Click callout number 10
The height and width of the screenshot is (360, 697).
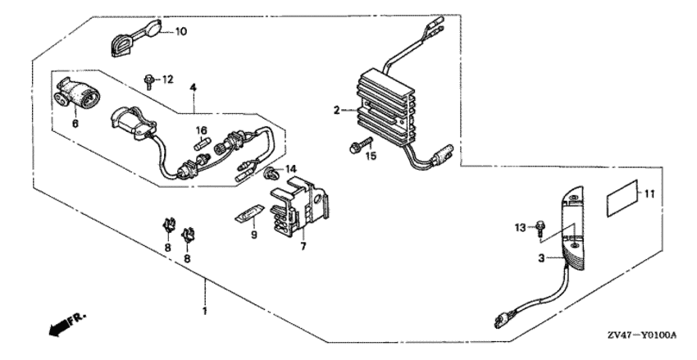point(181,31)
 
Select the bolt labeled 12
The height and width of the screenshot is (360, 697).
point(149,82)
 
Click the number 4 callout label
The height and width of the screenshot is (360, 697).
point(193,88)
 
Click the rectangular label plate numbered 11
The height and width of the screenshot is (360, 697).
point(622,198)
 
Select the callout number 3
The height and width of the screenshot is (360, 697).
point(541,258)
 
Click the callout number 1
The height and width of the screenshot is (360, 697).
point(205,311)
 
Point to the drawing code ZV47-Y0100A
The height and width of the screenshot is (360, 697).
point(644,335)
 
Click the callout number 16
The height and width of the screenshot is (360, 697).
point(202,130)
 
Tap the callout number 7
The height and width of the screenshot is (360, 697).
point(303,246)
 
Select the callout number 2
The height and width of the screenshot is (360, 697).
point(337,110)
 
